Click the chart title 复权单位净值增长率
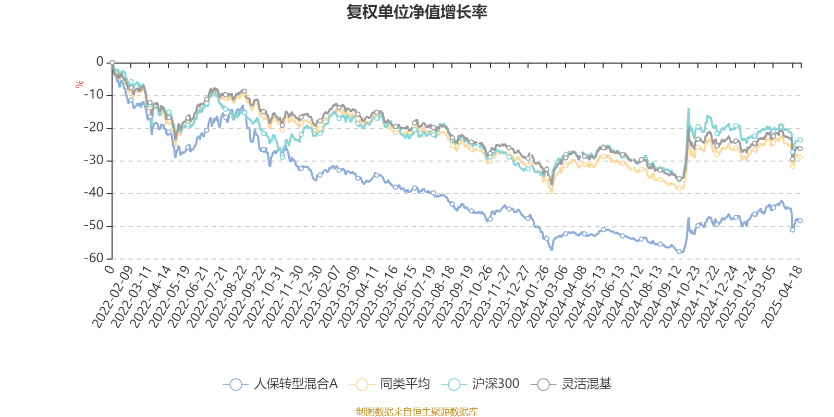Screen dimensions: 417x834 tap(417, 12)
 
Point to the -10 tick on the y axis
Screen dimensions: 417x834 tap(94, 95)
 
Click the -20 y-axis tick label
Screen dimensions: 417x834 tap(94, 128)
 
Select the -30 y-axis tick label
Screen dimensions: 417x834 tap(94, 161)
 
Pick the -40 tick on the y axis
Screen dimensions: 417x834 tap(94, 193)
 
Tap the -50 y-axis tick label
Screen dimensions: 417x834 tap(94, 226)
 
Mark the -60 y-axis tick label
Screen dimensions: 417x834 tap(94, 258)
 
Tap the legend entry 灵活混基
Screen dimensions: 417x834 tap(571, 384)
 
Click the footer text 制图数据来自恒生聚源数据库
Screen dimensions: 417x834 tap(417, 412)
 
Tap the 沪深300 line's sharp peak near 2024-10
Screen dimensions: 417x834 tap(688, 108)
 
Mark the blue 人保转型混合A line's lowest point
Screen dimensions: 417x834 tap(679, 252)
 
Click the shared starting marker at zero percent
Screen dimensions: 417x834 tap(112, 63)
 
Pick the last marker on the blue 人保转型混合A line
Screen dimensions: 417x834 tap(800, 221)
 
